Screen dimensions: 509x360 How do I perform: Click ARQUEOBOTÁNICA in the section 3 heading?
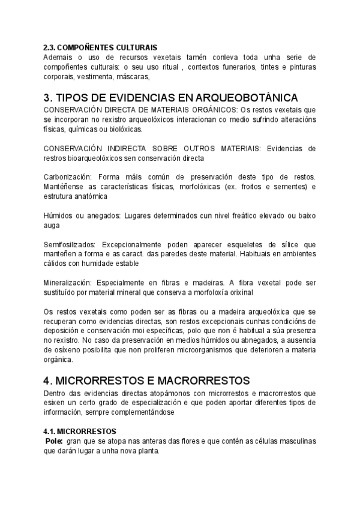239,98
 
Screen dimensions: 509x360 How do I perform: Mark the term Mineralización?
67,282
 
